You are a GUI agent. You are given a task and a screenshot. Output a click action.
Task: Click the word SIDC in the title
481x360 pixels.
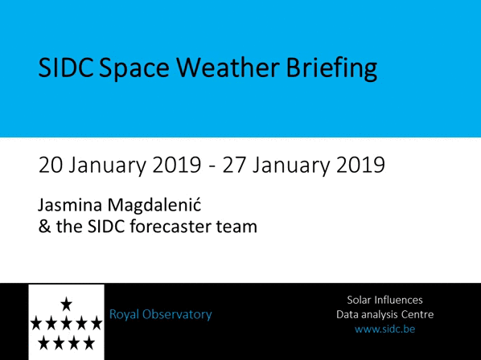(66, 67)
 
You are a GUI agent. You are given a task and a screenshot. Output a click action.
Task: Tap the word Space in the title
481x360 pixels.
(134, 70)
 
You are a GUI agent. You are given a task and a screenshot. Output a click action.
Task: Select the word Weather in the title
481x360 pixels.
(228, 67)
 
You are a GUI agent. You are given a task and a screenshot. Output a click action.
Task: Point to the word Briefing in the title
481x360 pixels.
(331, 69)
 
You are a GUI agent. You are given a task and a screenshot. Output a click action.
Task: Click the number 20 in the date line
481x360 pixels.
(50, 166)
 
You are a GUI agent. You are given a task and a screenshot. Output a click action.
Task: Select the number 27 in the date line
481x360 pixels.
(234, 166)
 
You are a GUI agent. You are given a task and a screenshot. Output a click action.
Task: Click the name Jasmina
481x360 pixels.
(70, 205)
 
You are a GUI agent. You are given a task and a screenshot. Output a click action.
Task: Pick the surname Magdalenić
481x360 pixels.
(154, 206)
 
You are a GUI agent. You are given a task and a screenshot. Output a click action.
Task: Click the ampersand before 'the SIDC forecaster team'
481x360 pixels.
(44, 227)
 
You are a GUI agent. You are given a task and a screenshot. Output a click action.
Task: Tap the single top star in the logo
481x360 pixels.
(66, 305)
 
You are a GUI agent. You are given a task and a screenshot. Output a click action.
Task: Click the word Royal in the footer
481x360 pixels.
(124, 315)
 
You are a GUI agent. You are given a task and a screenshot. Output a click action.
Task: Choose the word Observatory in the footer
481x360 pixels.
(177, 315)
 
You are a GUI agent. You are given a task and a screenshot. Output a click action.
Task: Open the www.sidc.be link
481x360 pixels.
(384, 329)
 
